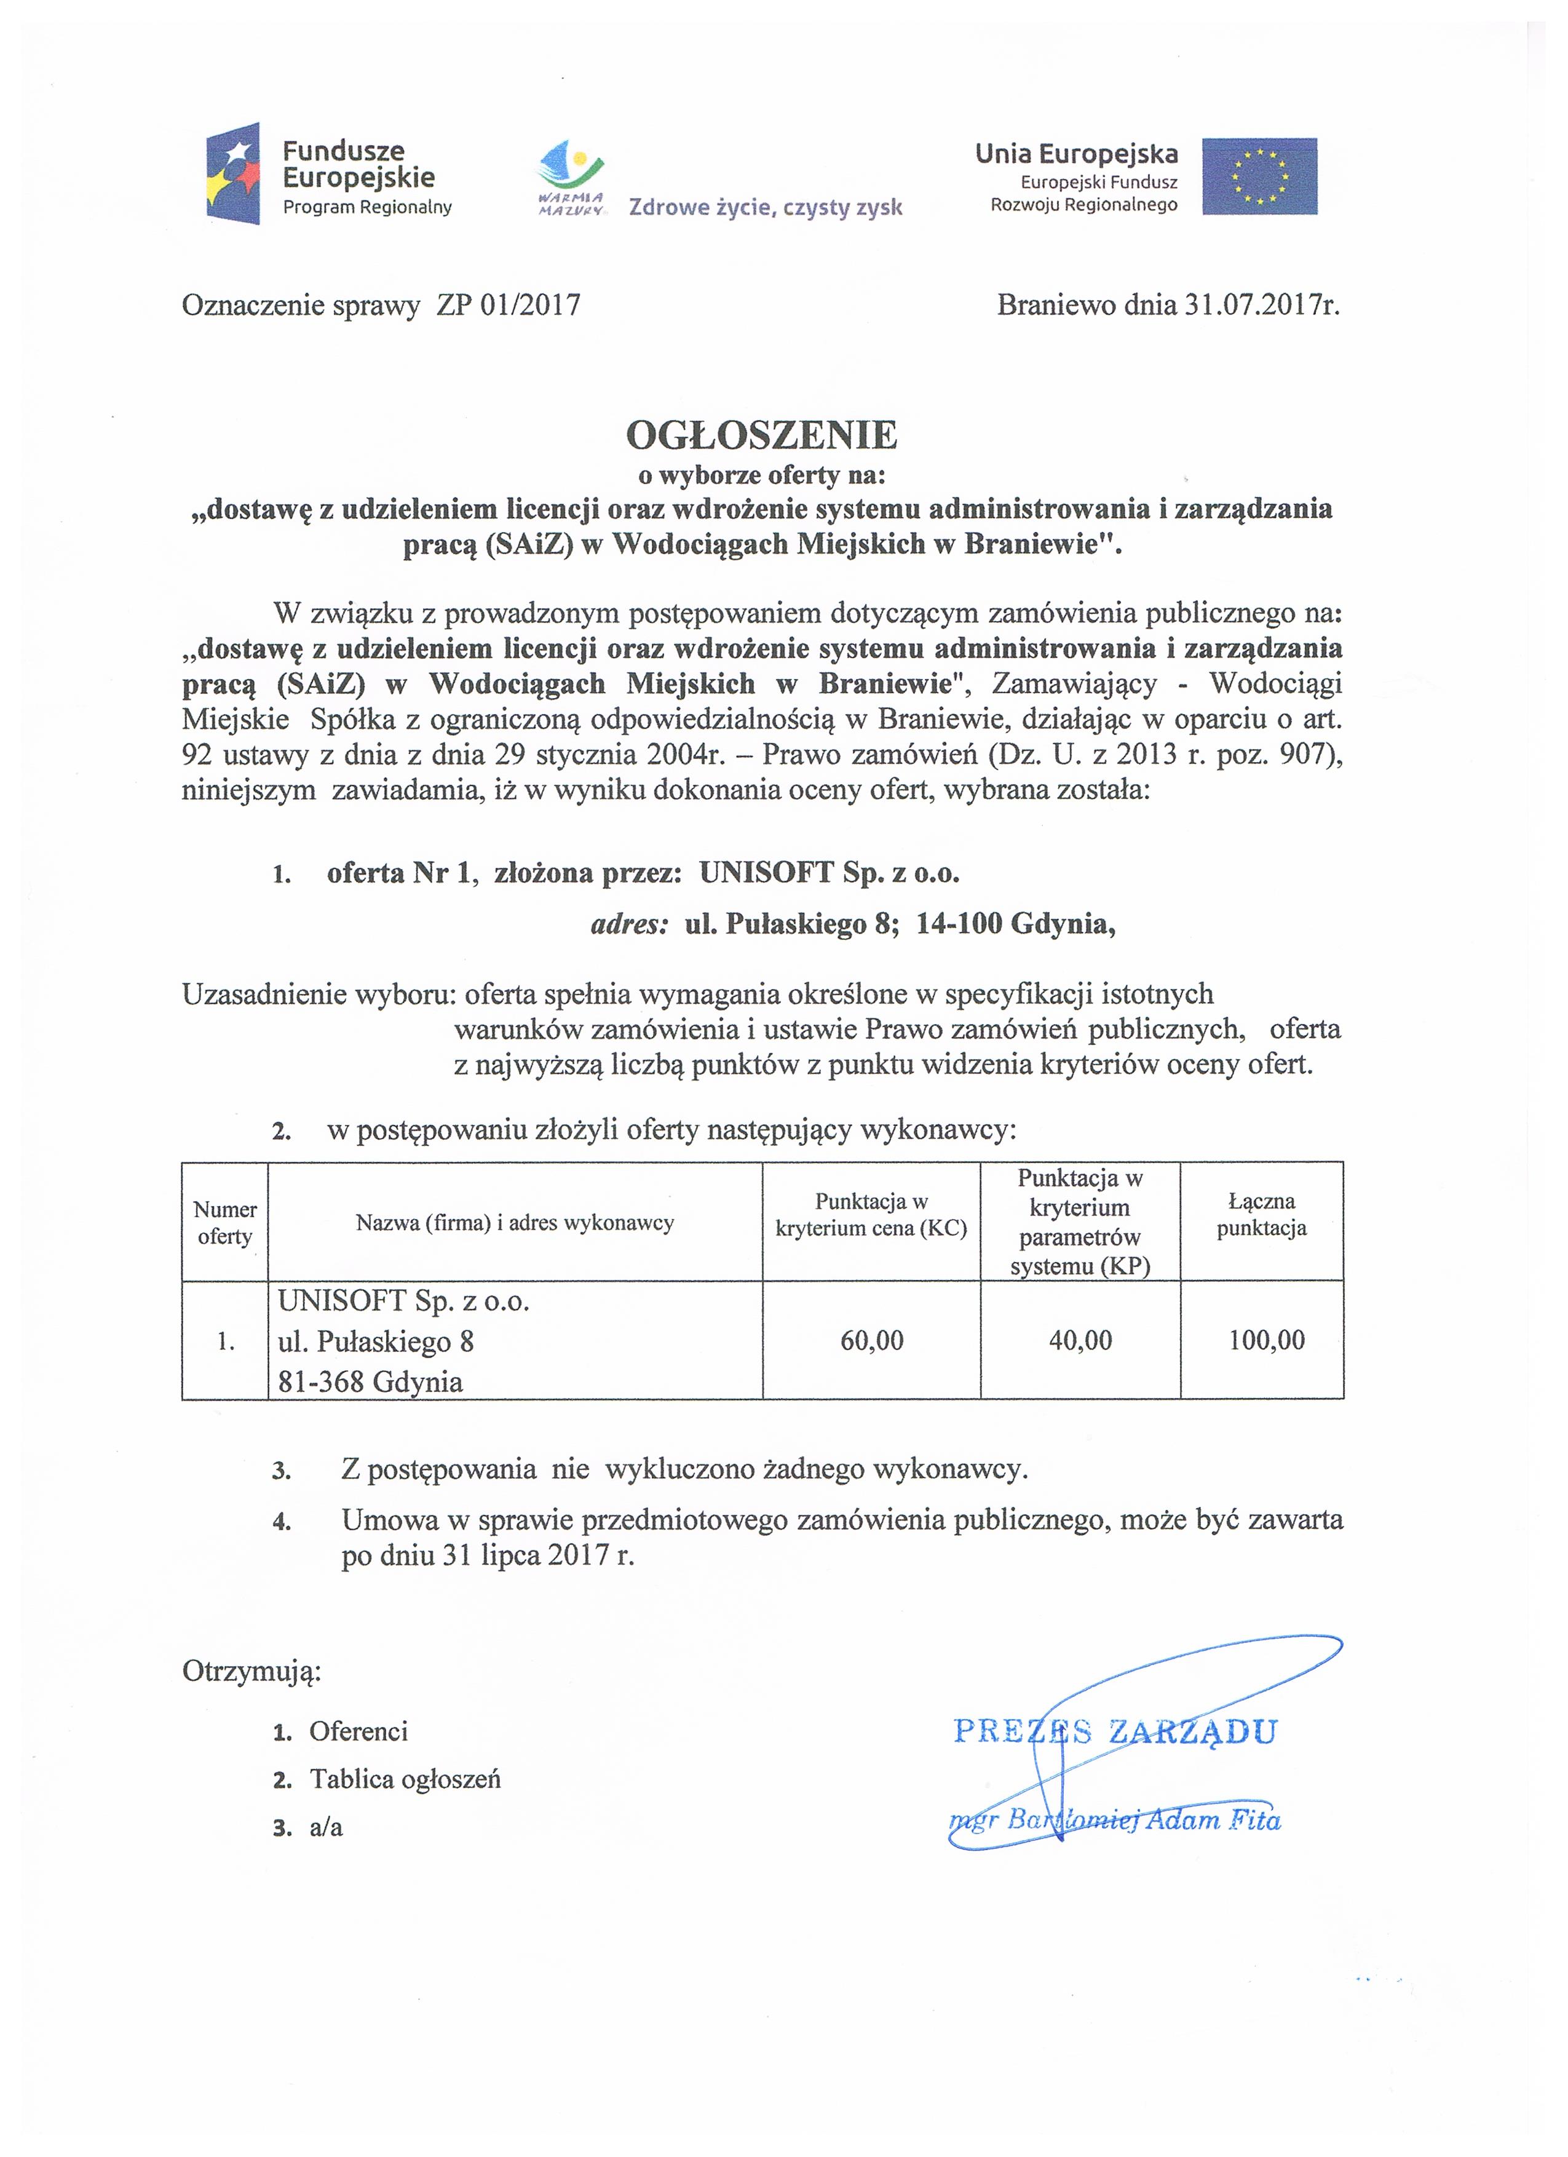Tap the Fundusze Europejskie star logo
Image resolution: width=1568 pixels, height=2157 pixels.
coord(233,172)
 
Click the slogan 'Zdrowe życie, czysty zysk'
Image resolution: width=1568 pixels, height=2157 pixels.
coord(766,207)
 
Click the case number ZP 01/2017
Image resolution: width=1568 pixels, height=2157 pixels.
coord(509,305)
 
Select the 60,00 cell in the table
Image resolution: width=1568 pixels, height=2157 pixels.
coord(871,1340)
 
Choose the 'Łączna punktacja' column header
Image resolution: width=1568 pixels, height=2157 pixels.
coord(1261,1215)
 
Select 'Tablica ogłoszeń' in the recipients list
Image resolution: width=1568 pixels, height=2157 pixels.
coord(405,1779)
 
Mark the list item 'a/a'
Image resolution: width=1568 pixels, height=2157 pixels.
coord(326,1827)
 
